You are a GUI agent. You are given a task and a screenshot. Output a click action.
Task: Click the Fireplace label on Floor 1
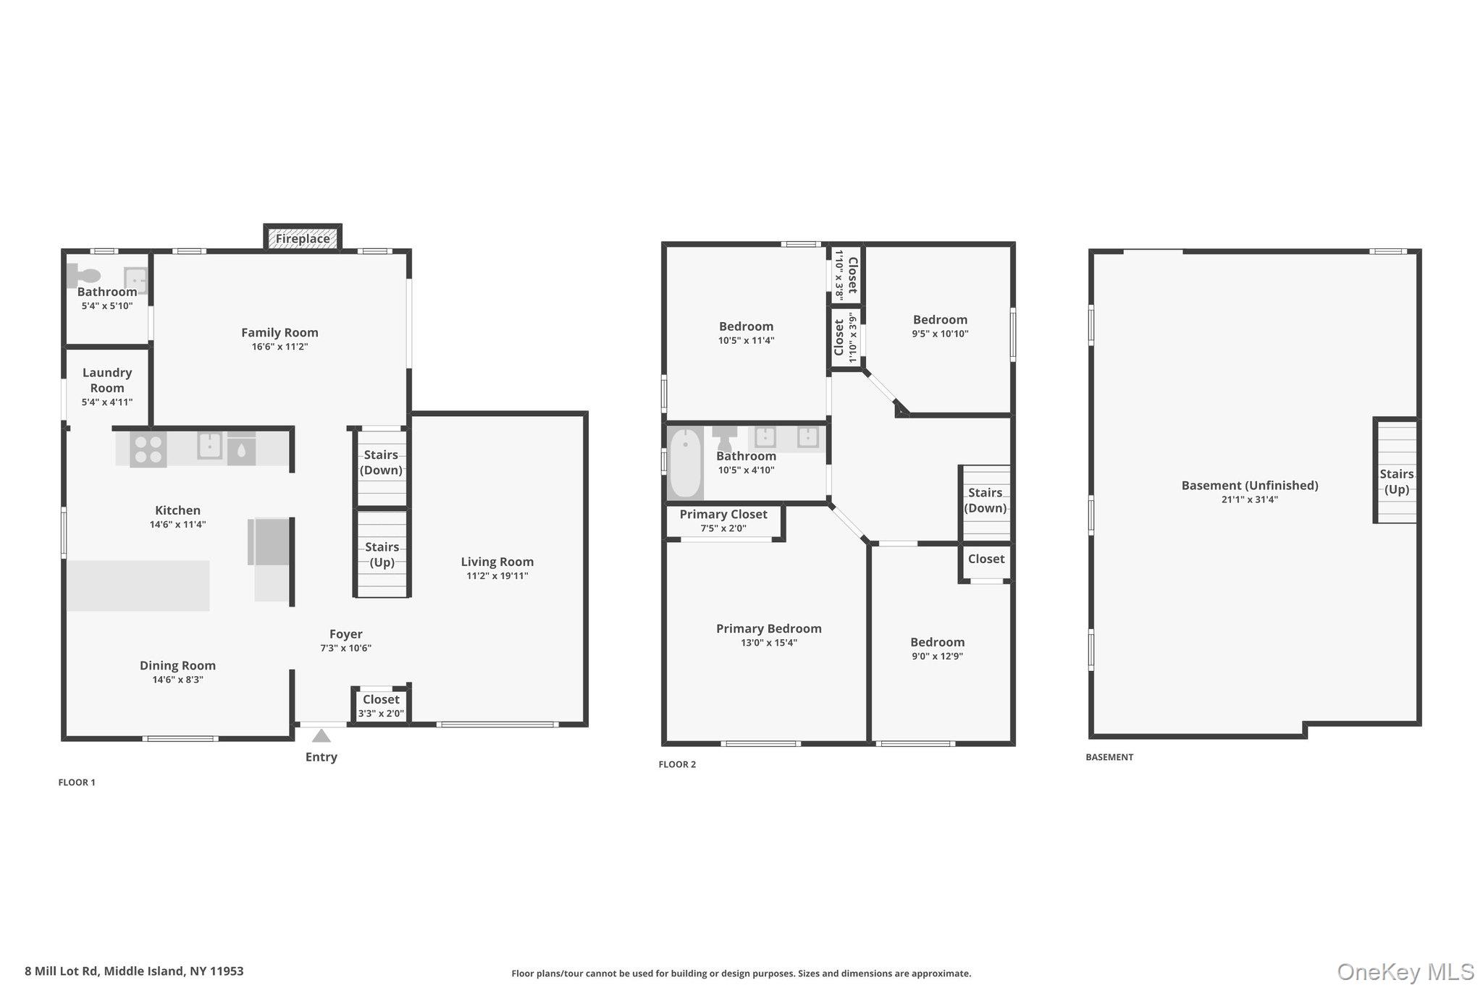pos(303,239)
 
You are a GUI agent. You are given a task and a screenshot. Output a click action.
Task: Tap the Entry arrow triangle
pos(322,736)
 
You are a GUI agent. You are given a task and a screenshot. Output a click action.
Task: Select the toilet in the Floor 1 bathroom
pos(84,275)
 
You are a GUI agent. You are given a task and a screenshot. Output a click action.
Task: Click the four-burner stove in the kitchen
pos(148,449)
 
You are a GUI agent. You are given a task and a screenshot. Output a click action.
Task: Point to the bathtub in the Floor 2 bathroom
pos(685,463)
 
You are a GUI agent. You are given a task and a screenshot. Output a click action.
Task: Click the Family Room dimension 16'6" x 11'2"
pos(280,347)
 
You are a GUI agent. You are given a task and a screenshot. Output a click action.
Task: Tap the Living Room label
pos(497,562)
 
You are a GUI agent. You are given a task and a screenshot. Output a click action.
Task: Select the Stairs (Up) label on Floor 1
pos(382,554)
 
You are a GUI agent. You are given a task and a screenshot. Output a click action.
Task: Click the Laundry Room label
pos(107,380)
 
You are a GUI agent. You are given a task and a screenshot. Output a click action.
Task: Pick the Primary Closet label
pos(723,515)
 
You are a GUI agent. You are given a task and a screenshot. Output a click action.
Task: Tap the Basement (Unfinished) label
pos(1250,486)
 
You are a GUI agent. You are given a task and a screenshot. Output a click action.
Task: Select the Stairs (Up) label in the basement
pos(1397,481)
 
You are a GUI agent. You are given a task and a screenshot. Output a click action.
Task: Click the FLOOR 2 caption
pos(677,764)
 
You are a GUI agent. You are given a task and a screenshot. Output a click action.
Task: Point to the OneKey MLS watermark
pos(1406,971)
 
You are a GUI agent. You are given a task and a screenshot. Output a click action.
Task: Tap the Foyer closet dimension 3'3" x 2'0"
pos(382,714)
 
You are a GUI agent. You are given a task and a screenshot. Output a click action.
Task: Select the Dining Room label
pos(178,666)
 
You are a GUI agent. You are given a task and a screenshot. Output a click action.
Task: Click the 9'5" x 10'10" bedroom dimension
pos(940,334)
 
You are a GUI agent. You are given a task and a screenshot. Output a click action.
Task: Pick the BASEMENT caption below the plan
pos(1109,757)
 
